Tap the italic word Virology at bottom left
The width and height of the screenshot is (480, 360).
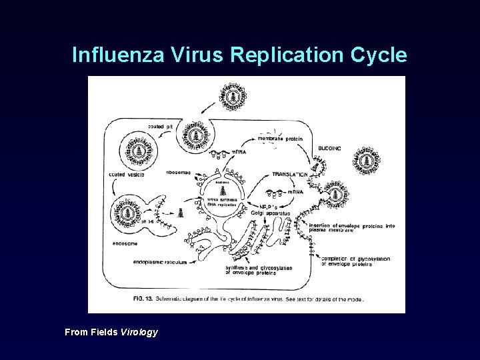click(x=139, y=332)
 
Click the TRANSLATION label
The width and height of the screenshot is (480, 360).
click(x=289, y=174)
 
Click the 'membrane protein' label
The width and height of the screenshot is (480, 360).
click(x=281, y=139)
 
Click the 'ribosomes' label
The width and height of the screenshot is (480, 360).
click(x=179, y=172)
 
